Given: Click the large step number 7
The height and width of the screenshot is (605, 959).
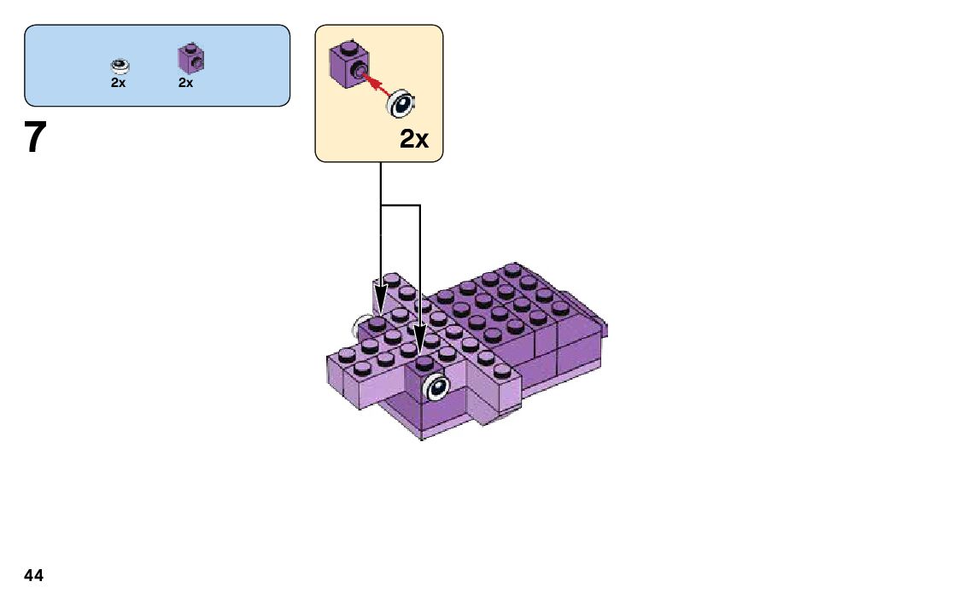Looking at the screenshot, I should point(34,138).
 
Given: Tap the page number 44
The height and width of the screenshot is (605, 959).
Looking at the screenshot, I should point(34,576).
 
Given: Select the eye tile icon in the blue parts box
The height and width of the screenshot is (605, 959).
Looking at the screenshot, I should point(120,66).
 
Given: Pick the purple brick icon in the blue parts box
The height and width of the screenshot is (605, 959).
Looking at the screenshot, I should point(190,58).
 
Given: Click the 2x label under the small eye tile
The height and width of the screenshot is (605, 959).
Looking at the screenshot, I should point(118,83).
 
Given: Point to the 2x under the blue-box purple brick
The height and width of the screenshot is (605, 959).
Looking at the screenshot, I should point(186,83).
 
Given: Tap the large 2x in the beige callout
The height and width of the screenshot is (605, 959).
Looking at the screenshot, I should point(414,140).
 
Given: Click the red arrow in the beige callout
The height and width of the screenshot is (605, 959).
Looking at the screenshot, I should point(376,84).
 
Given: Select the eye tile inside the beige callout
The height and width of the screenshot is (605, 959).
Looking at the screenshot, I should point(401,105).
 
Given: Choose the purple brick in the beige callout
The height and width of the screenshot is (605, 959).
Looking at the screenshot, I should point(346,64).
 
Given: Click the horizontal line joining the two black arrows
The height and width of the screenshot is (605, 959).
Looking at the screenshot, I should point(401,206).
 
